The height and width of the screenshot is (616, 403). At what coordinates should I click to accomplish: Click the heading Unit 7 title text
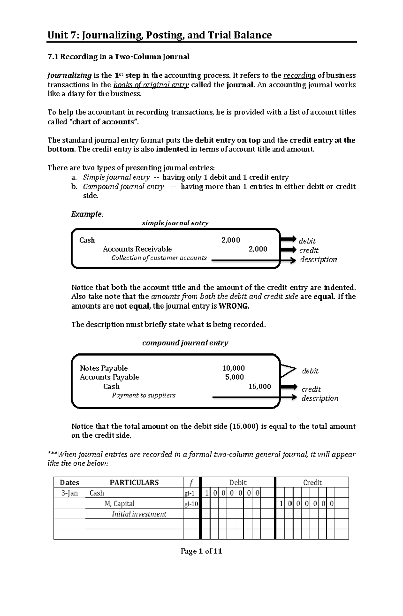click(160, 35)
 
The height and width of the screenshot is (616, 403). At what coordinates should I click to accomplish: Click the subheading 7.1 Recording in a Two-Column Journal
click(119, 57)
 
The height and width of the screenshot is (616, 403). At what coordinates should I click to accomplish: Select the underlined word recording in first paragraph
click(300, 75)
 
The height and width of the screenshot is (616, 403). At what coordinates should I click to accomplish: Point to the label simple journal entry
click(175, 223)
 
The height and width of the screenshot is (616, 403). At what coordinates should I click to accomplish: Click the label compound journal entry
click(185, 343)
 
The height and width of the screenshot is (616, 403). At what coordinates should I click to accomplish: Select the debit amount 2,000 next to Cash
click(231, 240)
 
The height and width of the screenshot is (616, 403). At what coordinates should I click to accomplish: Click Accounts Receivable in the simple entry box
click(137, 249)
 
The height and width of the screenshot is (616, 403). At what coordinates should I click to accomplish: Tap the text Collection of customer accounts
click(159, 258)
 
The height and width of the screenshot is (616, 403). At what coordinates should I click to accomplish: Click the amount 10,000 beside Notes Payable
click(233, 368)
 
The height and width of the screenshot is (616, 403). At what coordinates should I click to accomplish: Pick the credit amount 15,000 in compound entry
click(259, 386)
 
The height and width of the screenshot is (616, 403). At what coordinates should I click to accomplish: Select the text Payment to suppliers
click(143, 395)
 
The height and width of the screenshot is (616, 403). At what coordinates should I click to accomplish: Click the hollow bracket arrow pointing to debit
click(288, 371)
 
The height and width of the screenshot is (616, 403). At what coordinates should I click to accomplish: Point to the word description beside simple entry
click(318, 259)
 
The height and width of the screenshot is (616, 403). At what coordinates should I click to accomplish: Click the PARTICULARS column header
click(134, 483)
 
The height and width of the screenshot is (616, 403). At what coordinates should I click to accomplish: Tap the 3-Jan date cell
click(69, 493)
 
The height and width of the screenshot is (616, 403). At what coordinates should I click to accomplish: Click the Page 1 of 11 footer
click(201, 551)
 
